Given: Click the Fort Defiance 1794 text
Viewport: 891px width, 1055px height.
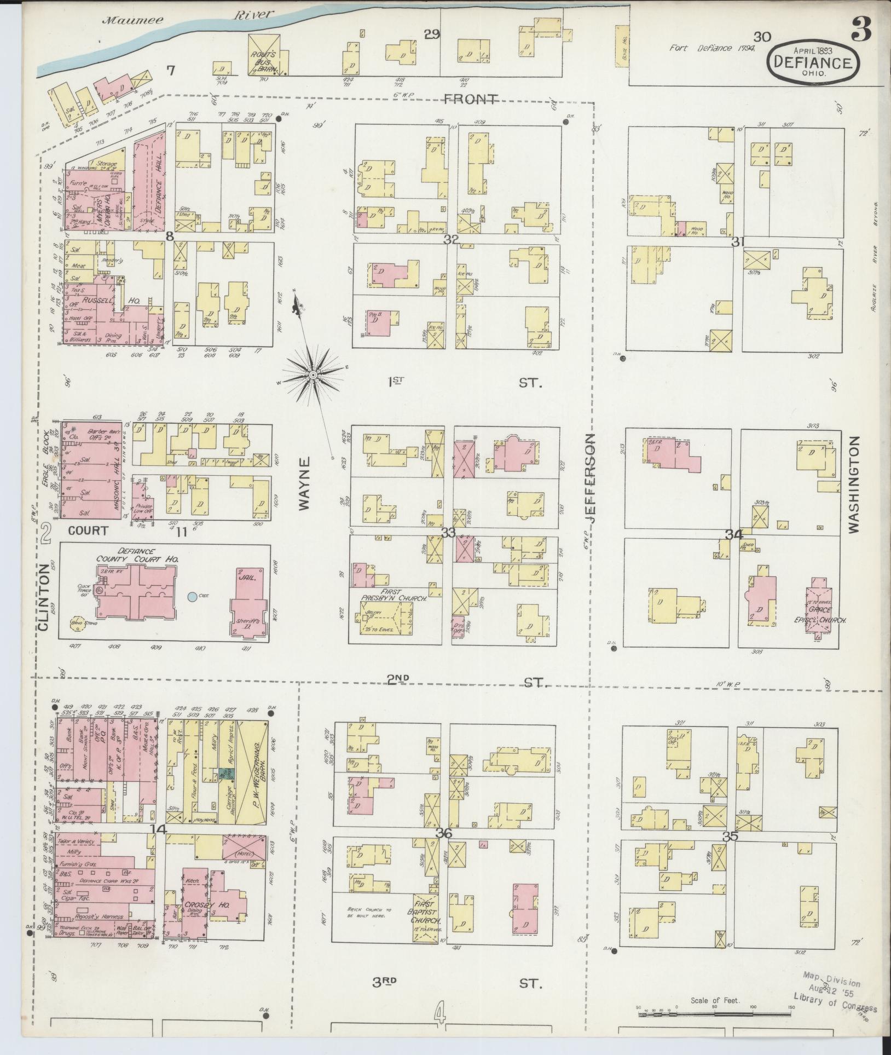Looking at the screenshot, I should point(713,48).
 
